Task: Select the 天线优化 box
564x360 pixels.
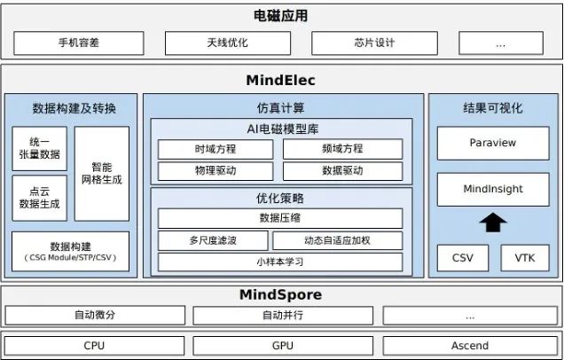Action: pos(221,43)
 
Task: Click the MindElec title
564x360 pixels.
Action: pos(280,81)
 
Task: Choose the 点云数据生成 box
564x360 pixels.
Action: pos(39,198)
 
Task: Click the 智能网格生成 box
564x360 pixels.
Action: pos(102,173)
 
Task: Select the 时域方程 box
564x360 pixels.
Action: pos(215,149)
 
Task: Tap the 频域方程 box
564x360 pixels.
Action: pos(342,149)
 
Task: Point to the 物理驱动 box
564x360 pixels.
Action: pos(215,171)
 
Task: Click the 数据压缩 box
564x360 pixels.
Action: pos(280,218)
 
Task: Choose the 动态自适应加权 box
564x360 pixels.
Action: pos(337,240)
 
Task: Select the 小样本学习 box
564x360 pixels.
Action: pos(280,262)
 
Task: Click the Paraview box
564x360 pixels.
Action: pos(493,143)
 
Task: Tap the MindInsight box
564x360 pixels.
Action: pos(493,189)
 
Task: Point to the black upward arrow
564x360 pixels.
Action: pos(493,223)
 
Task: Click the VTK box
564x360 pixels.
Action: pos(525,258)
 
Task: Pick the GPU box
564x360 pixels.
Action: pos(283,345)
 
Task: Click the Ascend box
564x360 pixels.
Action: pos(470,345)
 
